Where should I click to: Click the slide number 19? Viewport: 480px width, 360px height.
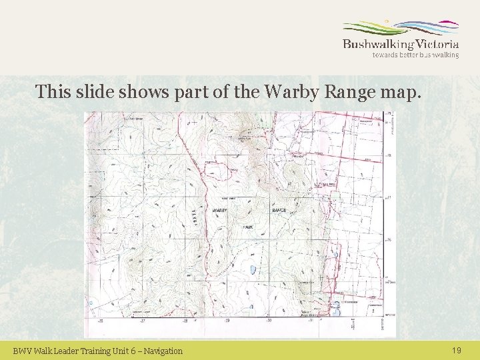pos(457,350)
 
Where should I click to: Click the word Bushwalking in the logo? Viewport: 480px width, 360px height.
pos(377,45)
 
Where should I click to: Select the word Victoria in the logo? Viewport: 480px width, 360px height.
pos(437,44)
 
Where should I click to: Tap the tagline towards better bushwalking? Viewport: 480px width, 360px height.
pos(415,55)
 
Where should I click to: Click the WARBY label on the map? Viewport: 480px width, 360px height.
pos(220,211)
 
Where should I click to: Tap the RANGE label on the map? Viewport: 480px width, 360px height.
pos(279,211)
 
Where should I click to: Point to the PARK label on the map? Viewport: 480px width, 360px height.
pos(248,227)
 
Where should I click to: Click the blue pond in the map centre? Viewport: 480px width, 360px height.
pos(253,270)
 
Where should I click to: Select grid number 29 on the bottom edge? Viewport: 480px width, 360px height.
pos(227,321)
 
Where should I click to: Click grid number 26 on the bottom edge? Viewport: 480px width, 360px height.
pos(101,321)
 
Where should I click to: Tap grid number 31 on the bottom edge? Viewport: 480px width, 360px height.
pos(310,321)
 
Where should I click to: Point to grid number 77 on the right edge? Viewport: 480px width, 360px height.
pos(389,198)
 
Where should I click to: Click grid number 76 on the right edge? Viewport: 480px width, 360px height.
pos(389,240)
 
